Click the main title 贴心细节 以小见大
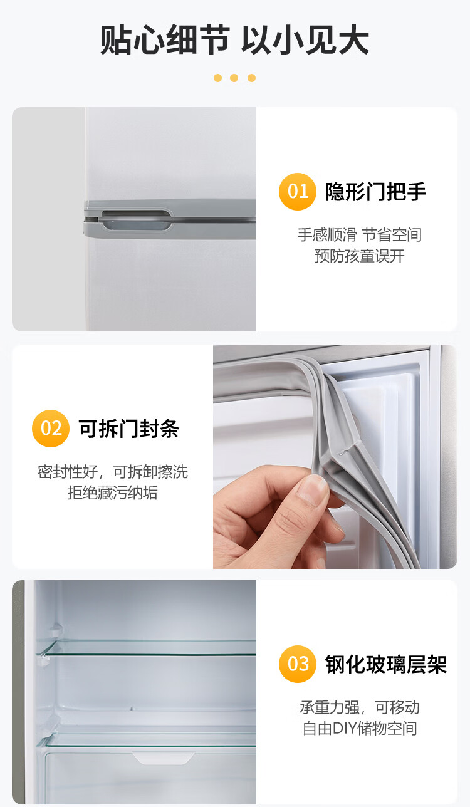coord(234,40)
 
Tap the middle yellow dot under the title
coord(234,78)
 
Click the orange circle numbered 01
coord(298,192)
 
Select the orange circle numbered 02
coord(51,429)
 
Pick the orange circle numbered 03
coord(298,664)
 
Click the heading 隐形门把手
coord(375,192)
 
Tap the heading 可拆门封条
coord(129,429)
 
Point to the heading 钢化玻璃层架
coord(386,664)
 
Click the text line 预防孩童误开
coord(359,256)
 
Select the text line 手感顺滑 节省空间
coord(359,235)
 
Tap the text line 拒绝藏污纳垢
coord(113,492)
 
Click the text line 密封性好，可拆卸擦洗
coord(113,472)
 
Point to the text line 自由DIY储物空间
coord(360,728)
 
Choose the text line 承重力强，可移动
coord(360,707)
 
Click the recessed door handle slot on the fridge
coord(136,220)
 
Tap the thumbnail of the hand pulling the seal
coord(335,457)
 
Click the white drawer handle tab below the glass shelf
coord(164,758)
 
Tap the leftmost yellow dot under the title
coord(217,78)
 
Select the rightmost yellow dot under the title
coord(251,78)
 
